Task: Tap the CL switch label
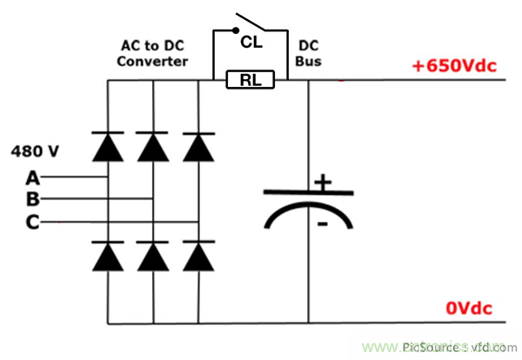pyautogui.click(x=251, y=40)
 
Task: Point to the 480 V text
pyautogui.click(x=35, y=151)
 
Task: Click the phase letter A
pyautogui.click(x=33, y=178)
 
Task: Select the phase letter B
pyautogui.click(x=33, y=200)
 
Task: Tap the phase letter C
pyautogui.click(x=33, y=223)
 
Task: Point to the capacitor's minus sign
pyautogui.click(x=321, y=224)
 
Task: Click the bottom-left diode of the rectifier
pyautogui.click(x=107, y=255)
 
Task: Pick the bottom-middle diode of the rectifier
pyautogui.click(x=153, y=255)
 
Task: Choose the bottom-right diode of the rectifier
pyautogui.click(x=199, y=255)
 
